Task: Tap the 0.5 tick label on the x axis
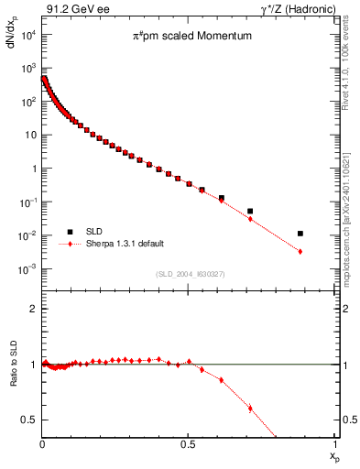click(x=189, y=444)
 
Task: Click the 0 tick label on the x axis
click(x=42, y=444)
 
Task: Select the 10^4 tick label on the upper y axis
click(x=27, y=34)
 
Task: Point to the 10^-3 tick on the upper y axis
click(x=27, y=268)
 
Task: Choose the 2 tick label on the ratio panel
click(x=32, y=309)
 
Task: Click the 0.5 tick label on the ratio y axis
click(x=27, y=420)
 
